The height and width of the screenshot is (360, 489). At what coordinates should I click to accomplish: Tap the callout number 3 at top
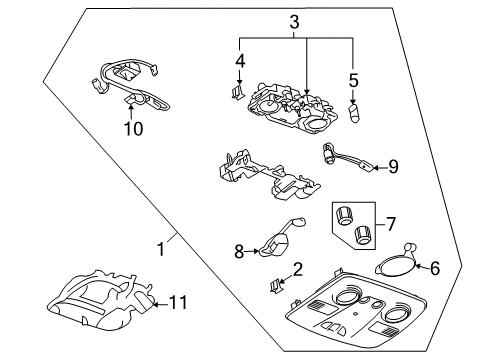(x=293, y=21)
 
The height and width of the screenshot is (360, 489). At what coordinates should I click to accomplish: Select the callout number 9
(x=393, y=165)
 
